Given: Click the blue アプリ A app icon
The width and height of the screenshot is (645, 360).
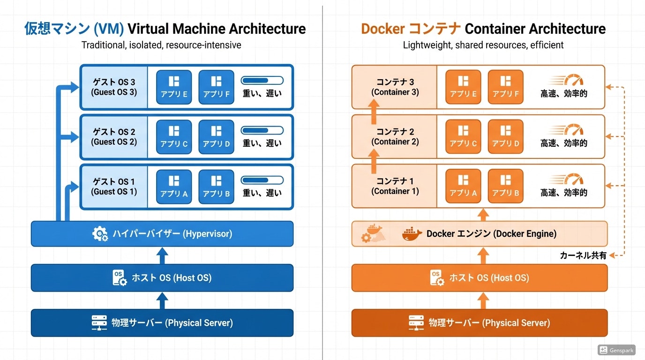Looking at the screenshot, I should [174, 186].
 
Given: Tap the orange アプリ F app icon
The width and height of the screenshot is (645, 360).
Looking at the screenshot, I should [505, 87].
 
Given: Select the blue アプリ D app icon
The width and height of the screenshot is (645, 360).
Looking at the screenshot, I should [216, 136].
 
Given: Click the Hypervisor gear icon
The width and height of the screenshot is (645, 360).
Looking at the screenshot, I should [100, 233].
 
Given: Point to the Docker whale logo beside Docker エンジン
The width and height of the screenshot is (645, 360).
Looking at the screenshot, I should [412, 233].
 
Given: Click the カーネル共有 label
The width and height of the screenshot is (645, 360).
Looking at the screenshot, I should [583, 255].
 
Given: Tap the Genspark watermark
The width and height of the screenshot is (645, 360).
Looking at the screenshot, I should [616, 350].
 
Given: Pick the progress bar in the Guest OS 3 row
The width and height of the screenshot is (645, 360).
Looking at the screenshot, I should [262, 80].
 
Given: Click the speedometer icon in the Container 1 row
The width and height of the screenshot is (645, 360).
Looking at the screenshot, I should [573, 180].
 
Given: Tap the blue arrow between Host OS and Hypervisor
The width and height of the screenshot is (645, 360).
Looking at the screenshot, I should [162, 256].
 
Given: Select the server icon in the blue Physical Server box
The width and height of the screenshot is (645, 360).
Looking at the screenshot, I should [99, 322].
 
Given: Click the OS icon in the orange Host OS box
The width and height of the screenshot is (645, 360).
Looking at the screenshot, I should [436, 277].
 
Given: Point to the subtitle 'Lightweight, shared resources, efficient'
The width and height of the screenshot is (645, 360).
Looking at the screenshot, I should [483, 45].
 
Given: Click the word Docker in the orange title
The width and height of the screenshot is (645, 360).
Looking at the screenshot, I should [382, 29].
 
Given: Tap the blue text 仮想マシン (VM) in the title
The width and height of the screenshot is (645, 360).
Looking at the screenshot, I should [74, 29].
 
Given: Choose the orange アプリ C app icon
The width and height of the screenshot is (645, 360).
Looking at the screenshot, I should [463, 136].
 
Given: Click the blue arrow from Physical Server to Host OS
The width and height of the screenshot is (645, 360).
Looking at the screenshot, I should [162, 300].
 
